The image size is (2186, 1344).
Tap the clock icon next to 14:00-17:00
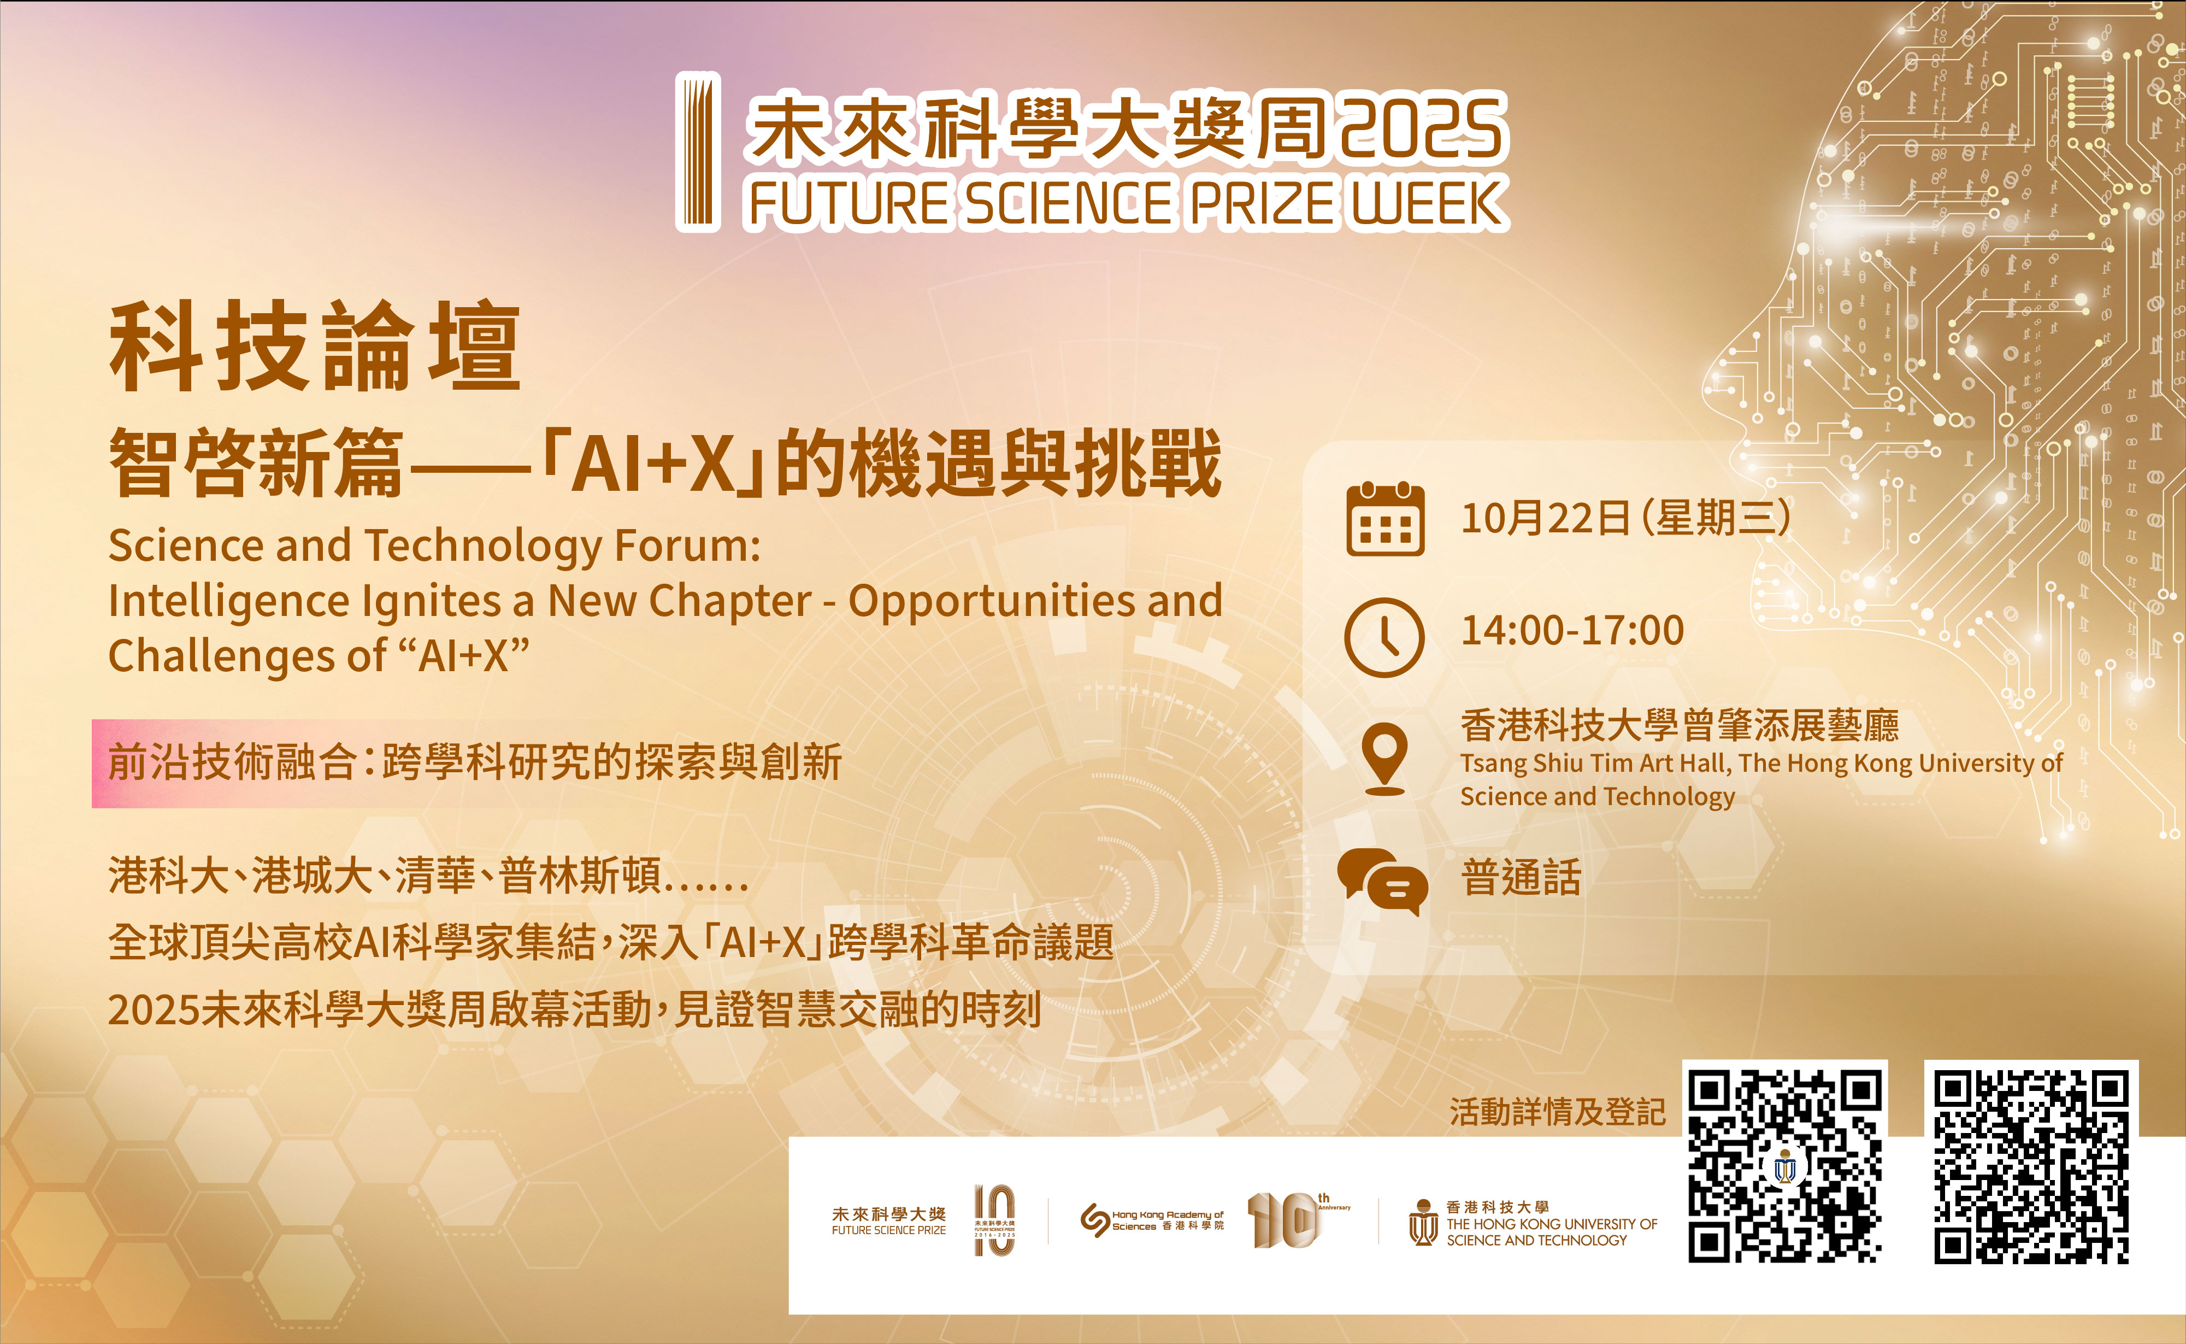pos(1384,637)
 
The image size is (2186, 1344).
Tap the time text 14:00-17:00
pos(1572,630)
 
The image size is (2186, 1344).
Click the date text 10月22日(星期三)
pos(1626,518)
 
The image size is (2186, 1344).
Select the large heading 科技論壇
pos(315,346)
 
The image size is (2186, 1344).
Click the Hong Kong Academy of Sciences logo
pos(1152,1219)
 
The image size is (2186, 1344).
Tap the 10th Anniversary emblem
pos(1298,1219)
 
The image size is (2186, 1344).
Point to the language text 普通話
pos(1521,877)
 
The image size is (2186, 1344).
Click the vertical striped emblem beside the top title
pos(698,152)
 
